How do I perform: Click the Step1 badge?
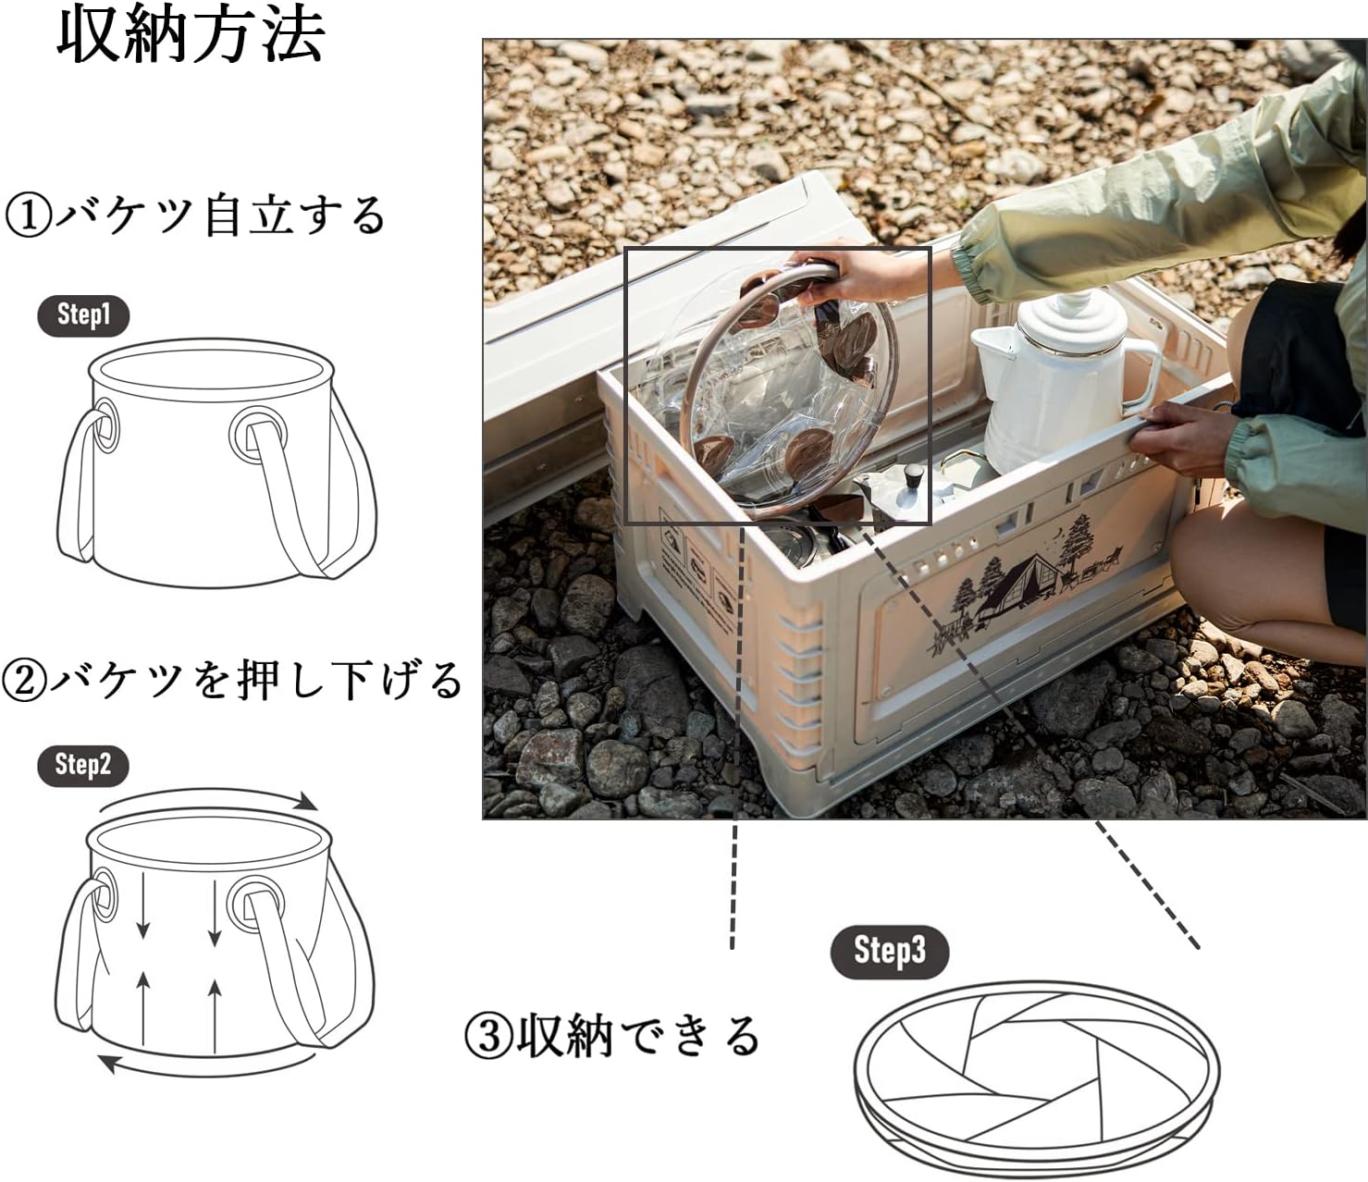click(83, 315)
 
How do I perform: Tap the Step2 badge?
click(82, 765)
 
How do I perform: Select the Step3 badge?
click(889, 951)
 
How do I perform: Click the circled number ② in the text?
click(24, 682)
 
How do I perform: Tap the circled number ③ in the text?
click(487, 1037)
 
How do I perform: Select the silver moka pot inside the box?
click(893, 495)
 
